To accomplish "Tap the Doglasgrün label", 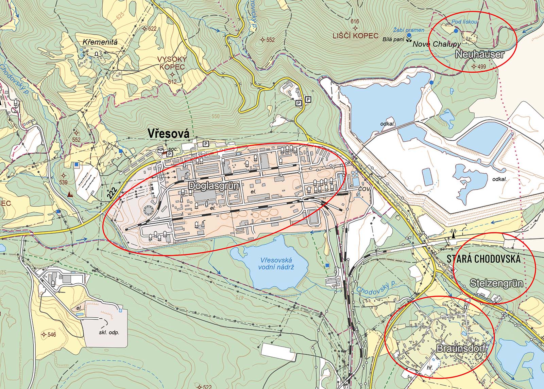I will [x=210, y=185].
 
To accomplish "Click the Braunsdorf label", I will [x=461, y=349].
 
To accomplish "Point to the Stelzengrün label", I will [x=496, y=283].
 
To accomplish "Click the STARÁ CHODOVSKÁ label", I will [x=483, y=259].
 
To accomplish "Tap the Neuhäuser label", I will [x=479, y=54].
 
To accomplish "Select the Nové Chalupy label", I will [x=437, y=44].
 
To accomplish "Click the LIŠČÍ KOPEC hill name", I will [x=356, y=36].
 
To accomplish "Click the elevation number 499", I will [x=481, y=67].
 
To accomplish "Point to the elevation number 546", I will [x=52, y=335].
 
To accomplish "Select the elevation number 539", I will [x=63, y=182].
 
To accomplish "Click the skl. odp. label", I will [x=109, y=332].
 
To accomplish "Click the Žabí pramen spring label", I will [x=409, y=30].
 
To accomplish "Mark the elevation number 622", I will [x=152, y=29].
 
